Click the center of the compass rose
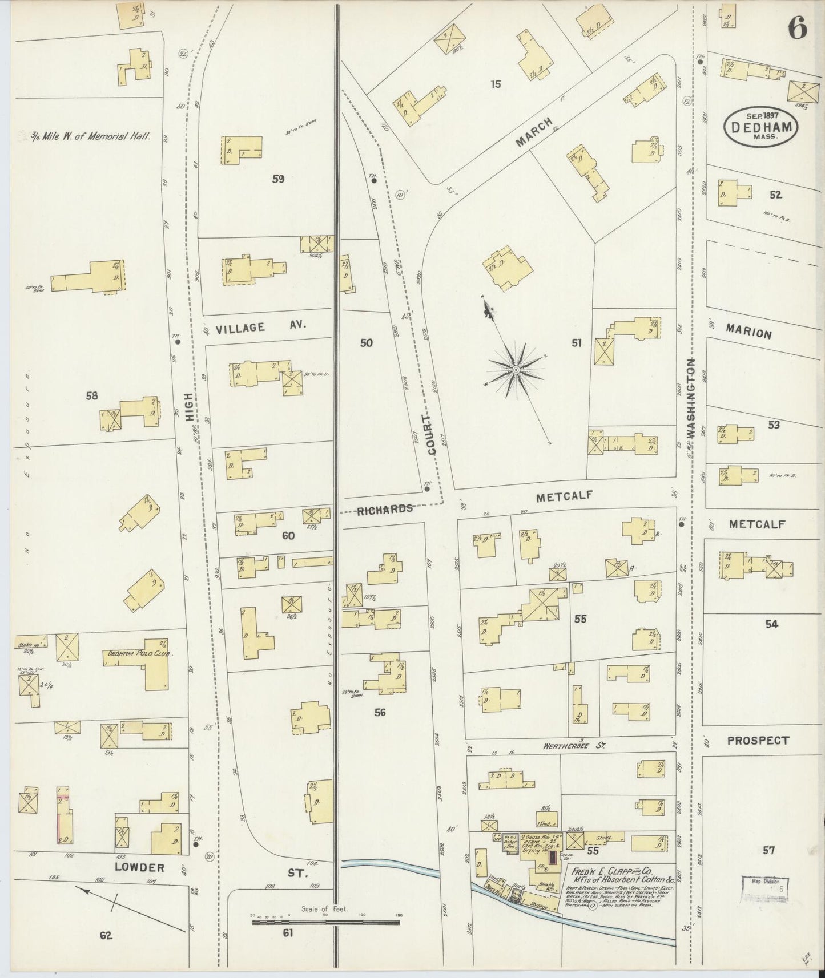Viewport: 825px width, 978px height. coord(516,370)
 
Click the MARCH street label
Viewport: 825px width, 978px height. coord(534,132)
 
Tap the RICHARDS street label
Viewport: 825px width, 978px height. coord(385,509)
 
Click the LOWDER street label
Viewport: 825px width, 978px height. coord(140,868)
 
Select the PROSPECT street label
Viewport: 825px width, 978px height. coord(758,741)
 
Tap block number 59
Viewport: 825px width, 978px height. coord(278,179)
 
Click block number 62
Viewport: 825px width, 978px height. coord(106,935)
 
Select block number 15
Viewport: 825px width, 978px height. coord(496,84)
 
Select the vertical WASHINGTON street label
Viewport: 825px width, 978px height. coord(691,399)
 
